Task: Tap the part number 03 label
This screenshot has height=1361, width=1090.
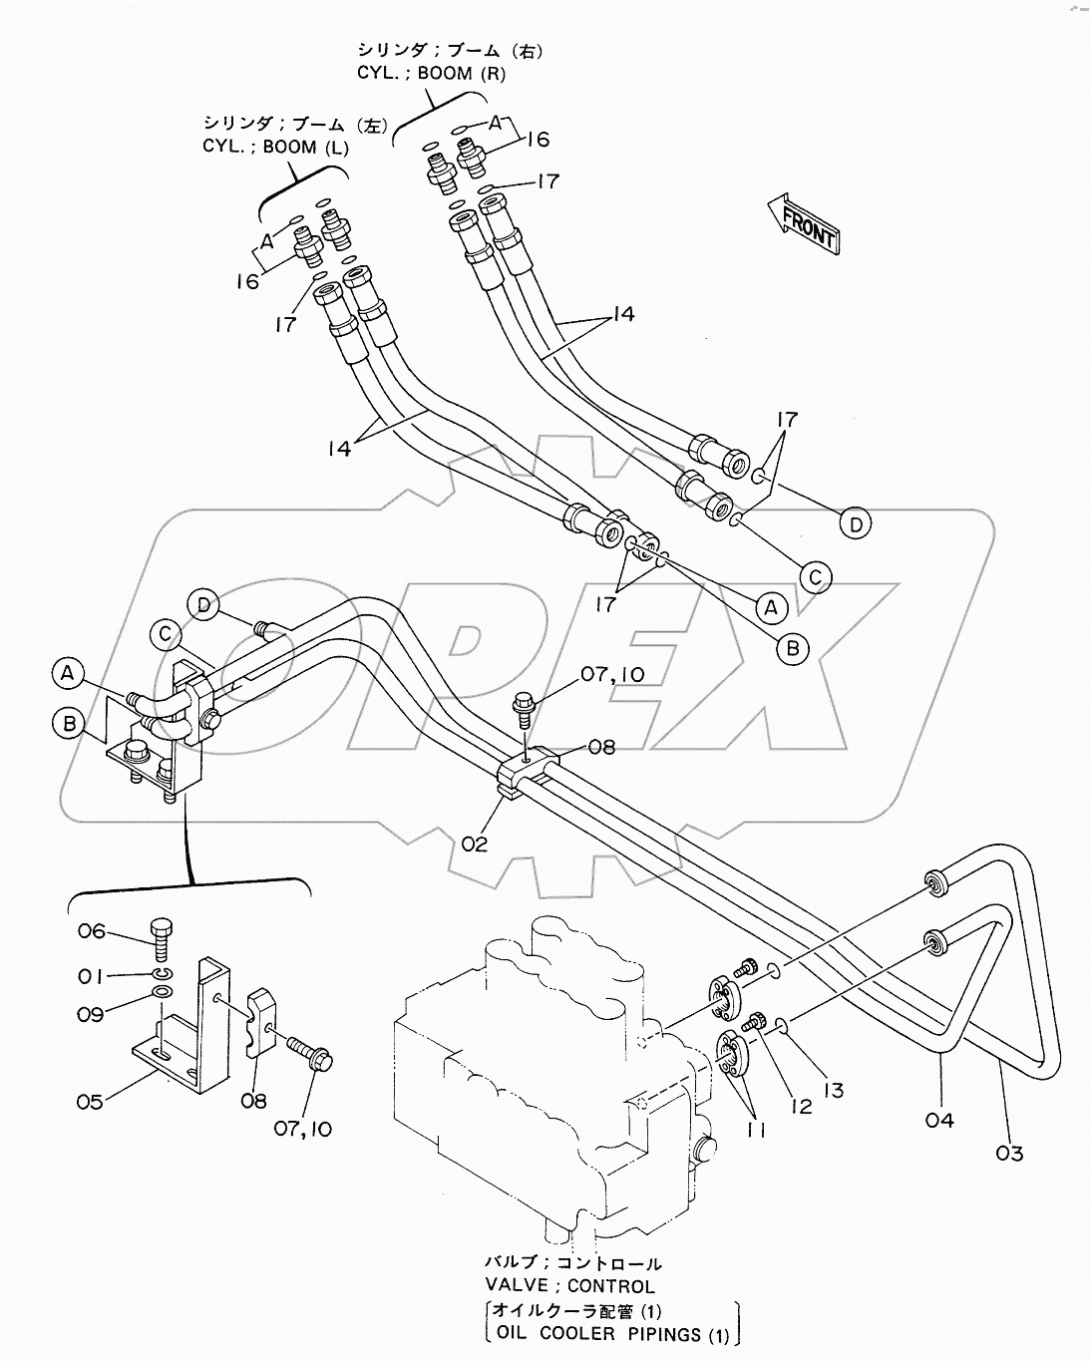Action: pyautogui.click(x=1009, y=1154)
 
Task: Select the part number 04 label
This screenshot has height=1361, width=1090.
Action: pyautogui.click(x=939, y=1121)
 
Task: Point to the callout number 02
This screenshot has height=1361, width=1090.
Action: pyautogui.click(x=475, y=844)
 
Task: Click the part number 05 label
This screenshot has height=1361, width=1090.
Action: pyautogui.click(x=90, y=1102)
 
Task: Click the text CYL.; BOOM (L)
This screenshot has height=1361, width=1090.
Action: pyautogui.click(x=274, y=147)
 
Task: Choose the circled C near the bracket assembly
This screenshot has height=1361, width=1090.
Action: pyautogui.click(x=166, y=634)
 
